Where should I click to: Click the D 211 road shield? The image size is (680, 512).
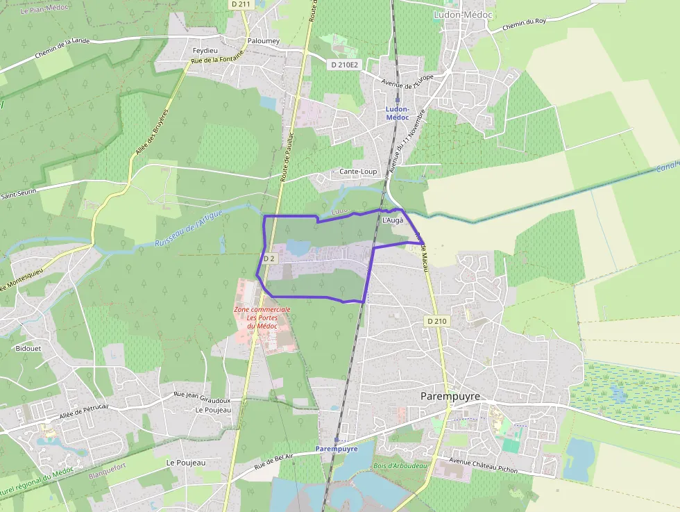(x=240, y=4)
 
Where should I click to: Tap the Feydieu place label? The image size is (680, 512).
(x=205, y=51)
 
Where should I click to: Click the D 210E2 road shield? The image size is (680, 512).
(x=344, y=65)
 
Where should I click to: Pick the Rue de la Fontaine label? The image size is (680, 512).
(x=216, y=59)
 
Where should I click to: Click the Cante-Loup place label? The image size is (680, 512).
(x=358, y=171)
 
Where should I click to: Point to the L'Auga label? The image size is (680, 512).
(x=393, y=220)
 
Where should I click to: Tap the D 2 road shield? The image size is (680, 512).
(x=269, y=258)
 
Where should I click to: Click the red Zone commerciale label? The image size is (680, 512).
(x=262, y=317)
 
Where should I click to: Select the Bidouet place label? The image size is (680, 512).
(x=28, y=349)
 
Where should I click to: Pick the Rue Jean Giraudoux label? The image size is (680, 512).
(x=202, y=397)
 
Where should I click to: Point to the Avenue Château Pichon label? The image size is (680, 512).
(x=483, y=465)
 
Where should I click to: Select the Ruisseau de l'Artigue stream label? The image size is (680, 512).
(x=182, y=232)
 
